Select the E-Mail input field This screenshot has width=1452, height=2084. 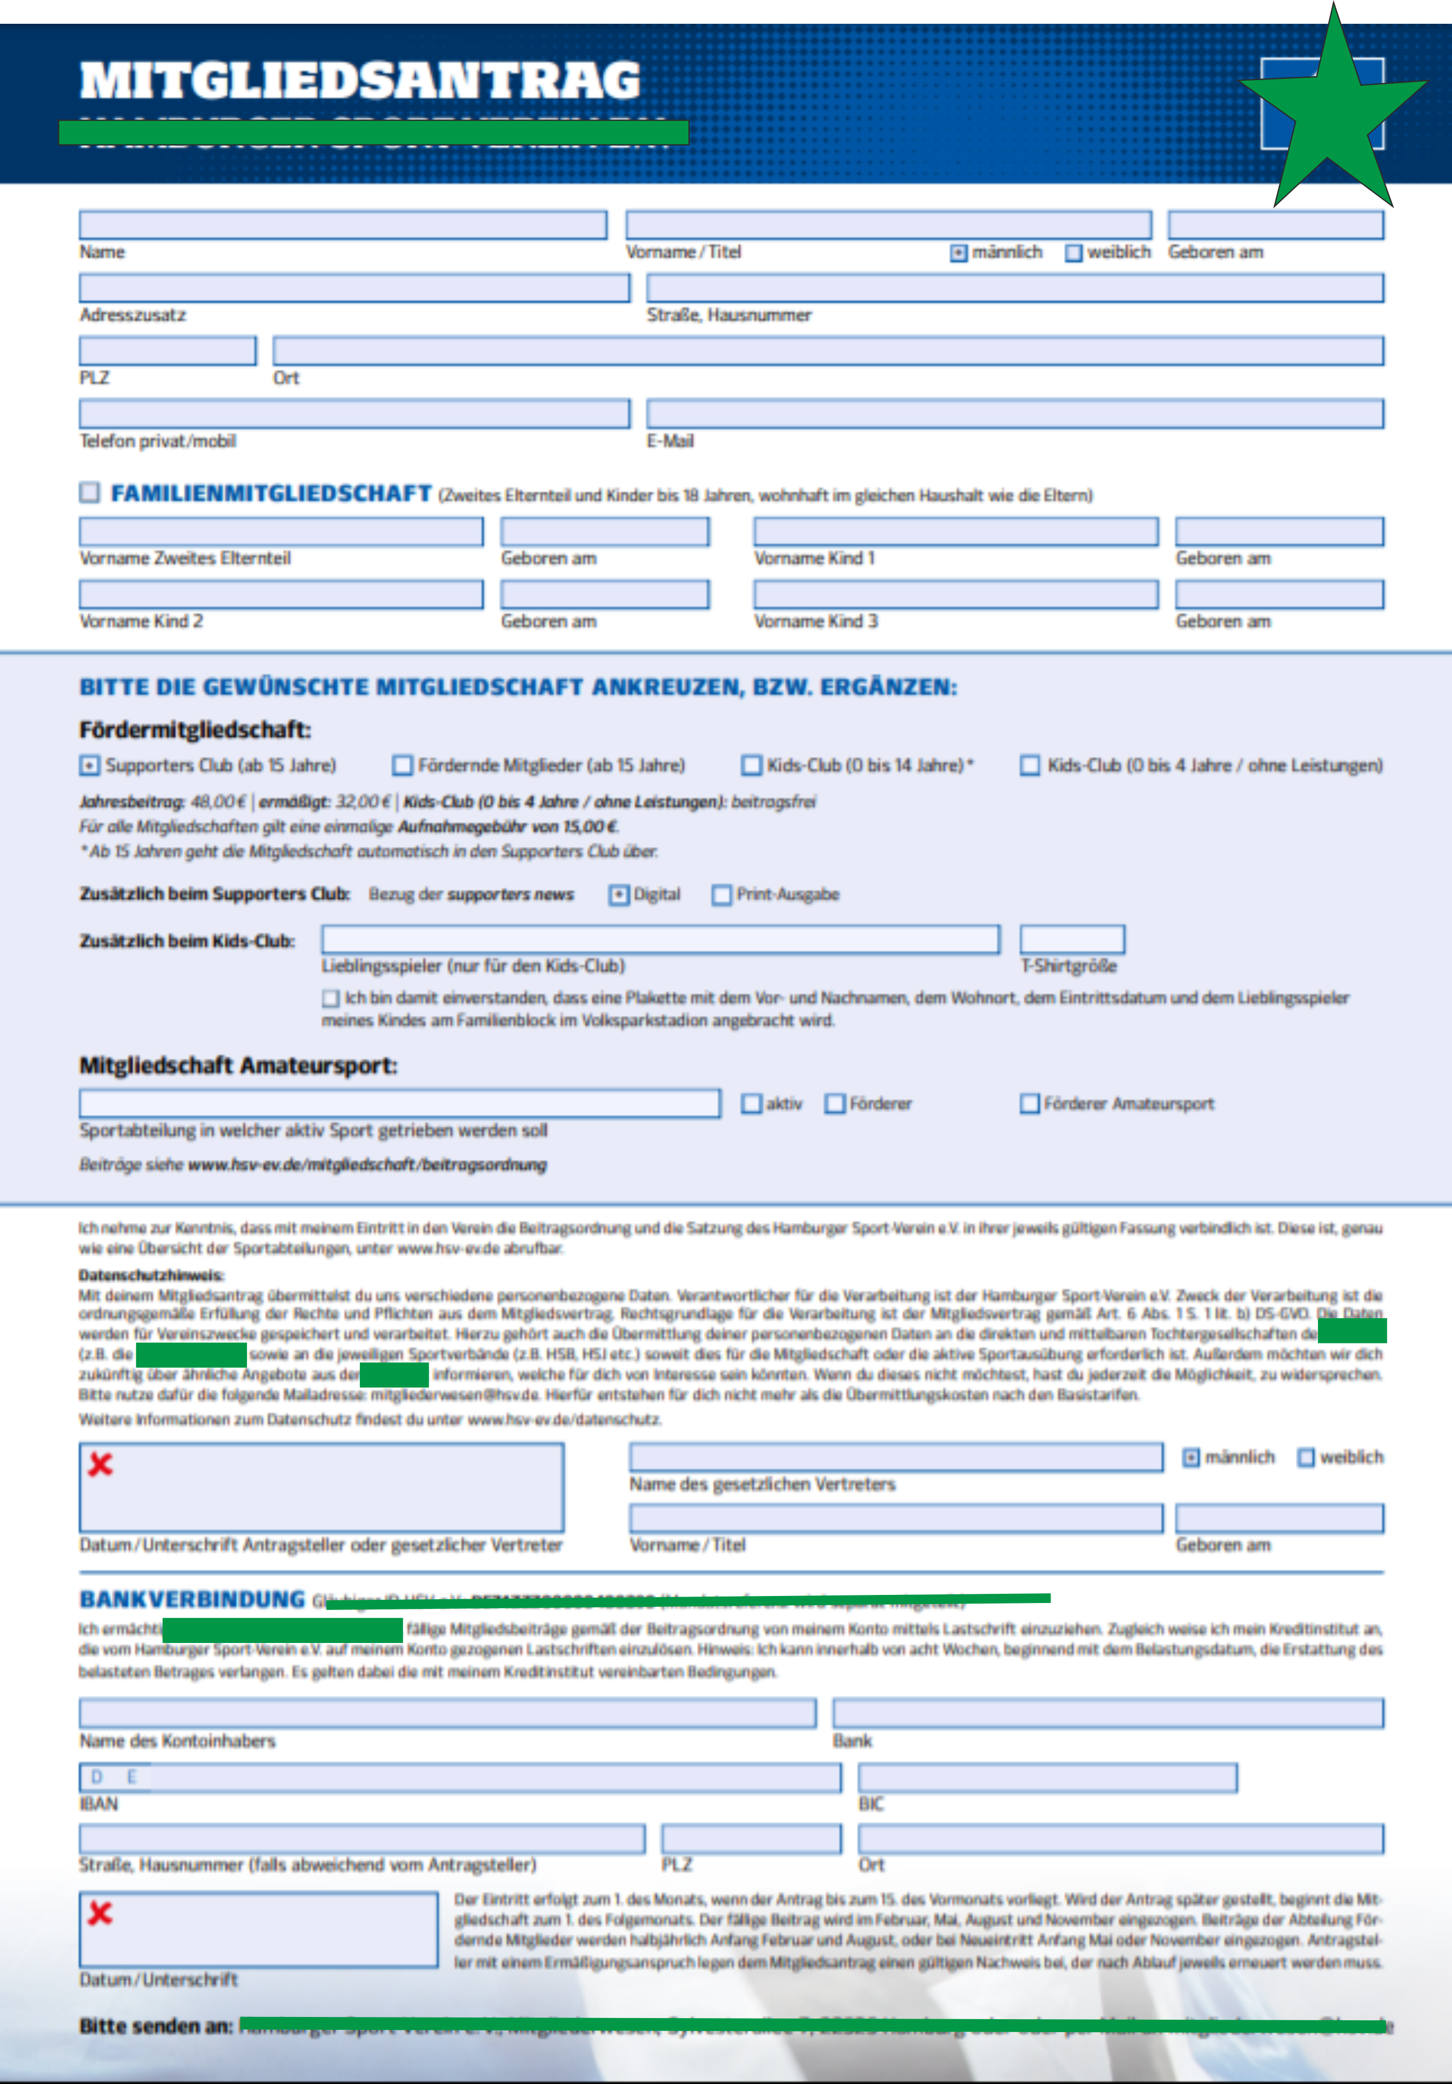(x=1015, y=414)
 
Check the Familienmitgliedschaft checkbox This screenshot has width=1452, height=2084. (x=89, y=492)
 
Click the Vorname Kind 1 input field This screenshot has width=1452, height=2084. (x=955, y=532)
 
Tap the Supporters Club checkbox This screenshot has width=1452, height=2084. (x=89, y=766)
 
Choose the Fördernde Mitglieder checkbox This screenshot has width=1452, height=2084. (x=402, y=766)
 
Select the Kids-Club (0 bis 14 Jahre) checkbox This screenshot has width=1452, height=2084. (x=752, y=766)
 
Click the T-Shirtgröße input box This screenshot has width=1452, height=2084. (x=1072, y=939)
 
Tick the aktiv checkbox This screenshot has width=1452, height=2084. (x=752, y=1104)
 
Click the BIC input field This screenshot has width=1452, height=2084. (x=1047, y=1777)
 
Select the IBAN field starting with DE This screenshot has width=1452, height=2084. (x=460, y=1777)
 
